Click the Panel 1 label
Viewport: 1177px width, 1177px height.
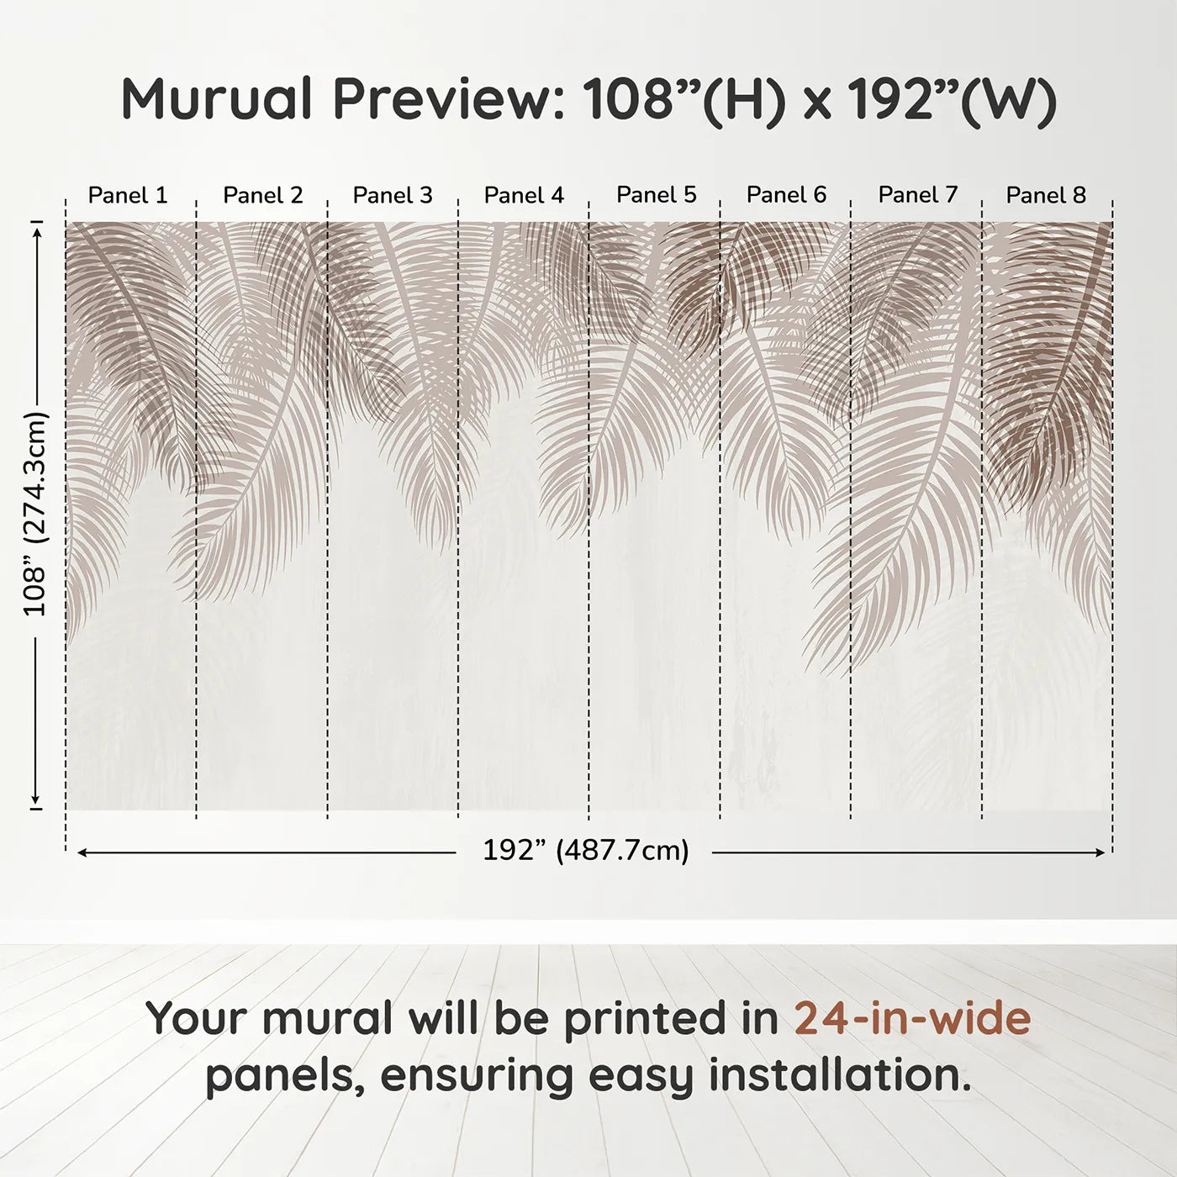pyautogui.click(x=128, y=195)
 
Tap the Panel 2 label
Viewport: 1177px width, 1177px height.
pyautogui.click(x=262, y=195)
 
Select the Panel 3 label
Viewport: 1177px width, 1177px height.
pyautogui.click(x=393, y=195)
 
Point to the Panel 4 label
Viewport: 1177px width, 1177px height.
pyautogui.click(x=524, y=195)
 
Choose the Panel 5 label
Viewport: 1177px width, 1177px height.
pyautogui.click(x=656, y=194)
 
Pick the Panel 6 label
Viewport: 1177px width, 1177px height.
pyautogui.click(x=786, y=194)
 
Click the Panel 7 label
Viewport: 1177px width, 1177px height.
pyautogui.click(x=917, y=194)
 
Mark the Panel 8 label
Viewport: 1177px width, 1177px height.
pyautogui.click(x=1046, y=195)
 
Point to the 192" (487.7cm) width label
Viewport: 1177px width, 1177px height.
pyautogui.click(x=585, y=851)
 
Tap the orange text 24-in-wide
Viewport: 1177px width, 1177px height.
pyautogui.click(x=912, y=1018)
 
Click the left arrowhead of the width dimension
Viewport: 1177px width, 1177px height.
pyautogui.click(x=82, y=852)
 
